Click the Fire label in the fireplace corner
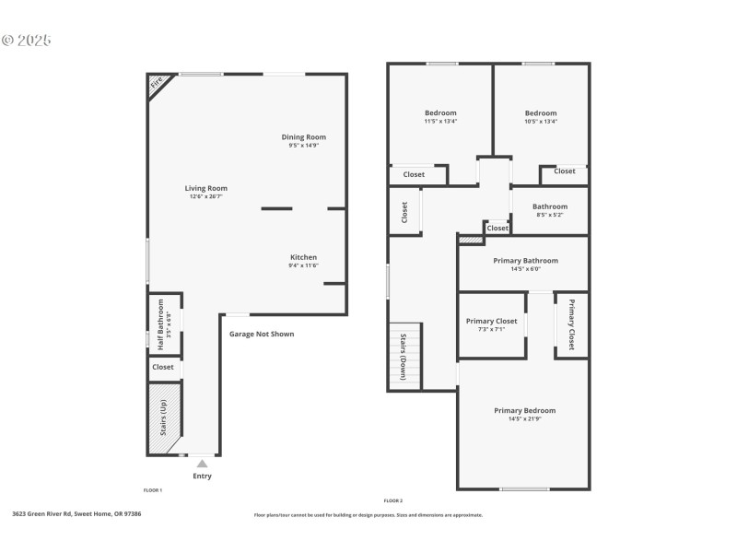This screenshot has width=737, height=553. coord(157,83)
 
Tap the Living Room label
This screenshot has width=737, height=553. coord(206,188)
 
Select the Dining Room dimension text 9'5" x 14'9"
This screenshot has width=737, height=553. coord(304,145)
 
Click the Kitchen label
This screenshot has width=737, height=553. coord(304,257)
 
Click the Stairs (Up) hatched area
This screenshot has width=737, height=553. coord(164,418)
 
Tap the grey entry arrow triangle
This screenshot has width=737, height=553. coord(202,464)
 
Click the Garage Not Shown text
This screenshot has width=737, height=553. coord(262,334)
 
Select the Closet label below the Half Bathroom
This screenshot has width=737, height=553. coord(163,367)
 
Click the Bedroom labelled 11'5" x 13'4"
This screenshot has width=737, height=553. coord(440,113)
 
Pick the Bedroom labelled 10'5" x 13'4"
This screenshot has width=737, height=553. coord(541,113)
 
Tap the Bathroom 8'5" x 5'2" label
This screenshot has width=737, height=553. coord(550,207)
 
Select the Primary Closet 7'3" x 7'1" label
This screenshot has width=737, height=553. coord(491,321)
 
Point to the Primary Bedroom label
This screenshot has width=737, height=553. coord(524,410)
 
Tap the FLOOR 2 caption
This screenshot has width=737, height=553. coord(393,500)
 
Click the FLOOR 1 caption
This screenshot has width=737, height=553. coord(153,490)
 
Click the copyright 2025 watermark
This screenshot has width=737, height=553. coord(27,41)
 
